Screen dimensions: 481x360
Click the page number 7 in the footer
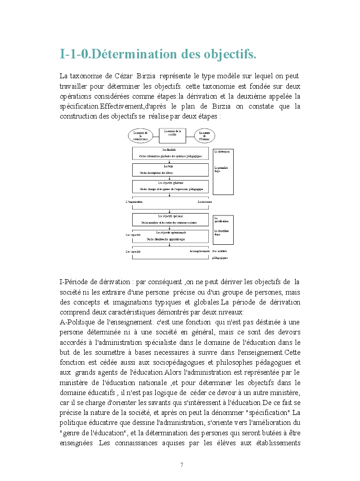182,465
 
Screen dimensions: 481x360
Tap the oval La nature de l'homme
205,135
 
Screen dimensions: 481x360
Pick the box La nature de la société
172,134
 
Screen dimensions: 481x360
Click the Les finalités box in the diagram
170,152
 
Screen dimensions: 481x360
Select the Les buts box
170,169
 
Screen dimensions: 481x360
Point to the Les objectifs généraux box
170,186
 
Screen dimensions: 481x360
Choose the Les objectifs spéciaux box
170,219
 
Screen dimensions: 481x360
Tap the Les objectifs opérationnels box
170,236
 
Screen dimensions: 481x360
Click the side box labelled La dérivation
223,171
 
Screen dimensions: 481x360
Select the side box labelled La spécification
223,230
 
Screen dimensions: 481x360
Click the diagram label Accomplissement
200,251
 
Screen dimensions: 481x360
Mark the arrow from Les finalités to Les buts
170,161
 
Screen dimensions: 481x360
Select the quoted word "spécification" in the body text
270,413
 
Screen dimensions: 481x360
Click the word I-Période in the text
74,282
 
